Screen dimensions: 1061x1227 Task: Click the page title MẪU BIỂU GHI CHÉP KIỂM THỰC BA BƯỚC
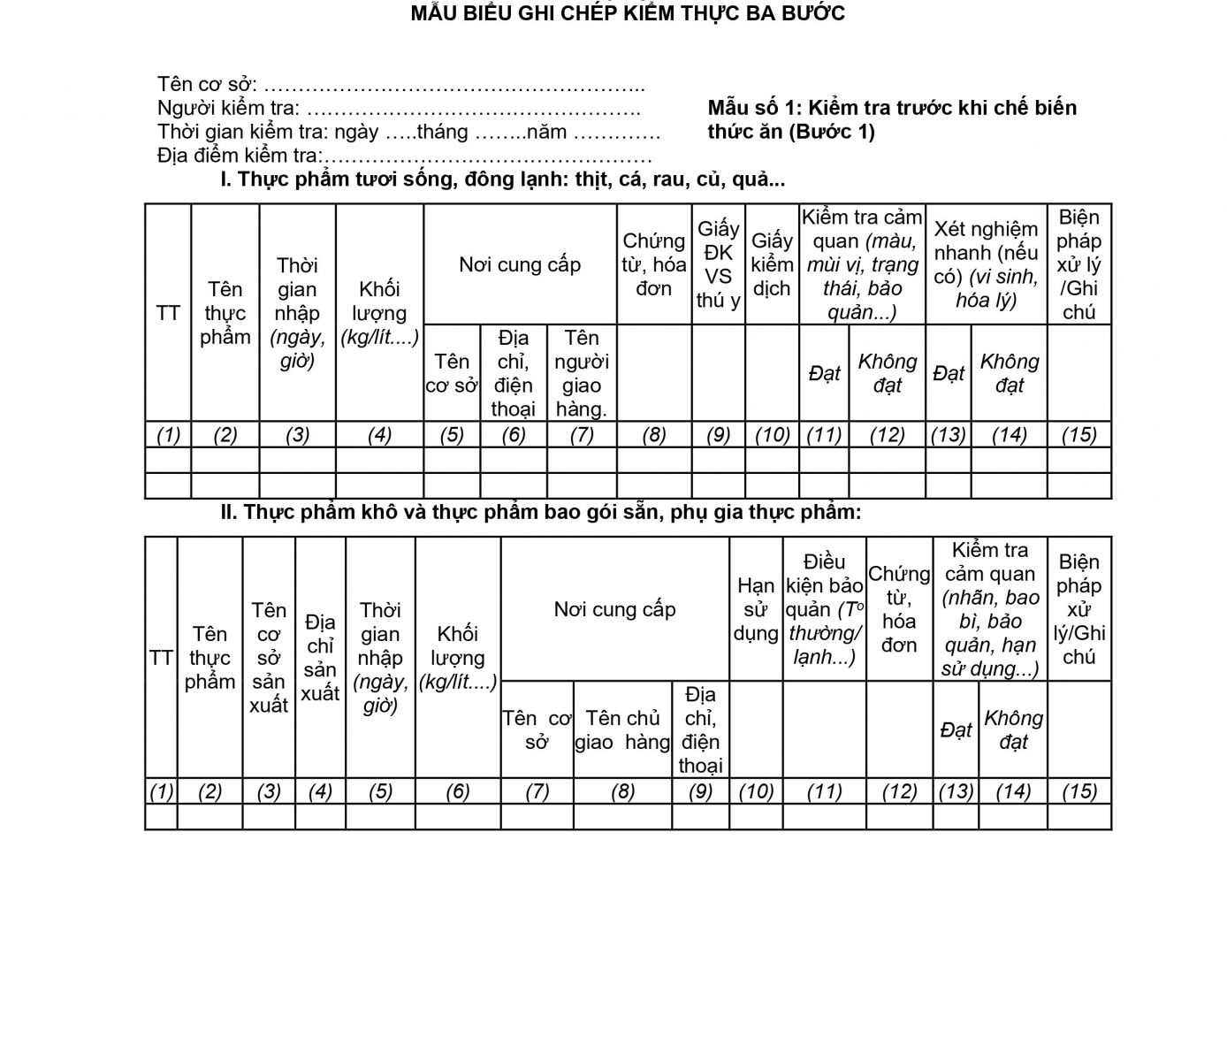(628, 13)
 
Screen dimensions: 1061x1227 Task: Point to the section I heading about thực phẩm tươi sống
(502, 180)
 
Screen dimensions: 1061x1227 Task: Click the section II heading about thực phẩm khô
(540, 512)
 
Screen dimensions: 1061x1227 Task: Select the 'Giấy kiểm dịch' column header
(772, 264)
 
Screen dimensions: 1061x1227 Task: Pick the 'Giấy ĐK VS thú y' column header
(718, 264)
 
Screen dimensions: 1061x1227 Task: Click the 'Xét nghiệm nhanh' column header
(986, 264)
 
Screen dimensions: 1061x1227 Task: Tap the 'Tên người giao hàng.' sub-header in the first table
(581, 373)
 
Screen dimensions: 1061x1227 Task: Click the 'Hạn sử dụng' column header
(756, 609)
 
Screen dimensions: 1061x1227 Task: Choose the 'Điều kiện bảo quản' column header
(824, 609)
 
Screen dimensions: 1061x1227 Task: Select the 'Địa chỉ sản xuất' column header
(320, 657)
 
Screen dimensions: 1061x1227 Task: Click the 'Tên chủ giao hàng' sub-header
(622, 729)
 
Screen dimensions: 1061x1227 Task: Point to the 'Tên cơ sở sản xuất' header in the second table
(269, 657)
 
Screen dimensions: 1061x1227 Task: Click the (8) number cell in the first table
(654, 435)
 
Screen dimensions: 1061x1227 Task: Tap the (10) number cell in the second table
(756, 791)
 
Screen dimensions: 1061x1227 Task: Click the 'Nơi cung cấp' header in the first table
(520, 264)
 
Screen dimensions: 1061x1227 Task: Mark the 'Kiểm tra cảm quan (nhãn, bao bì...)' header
(990, 609)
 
